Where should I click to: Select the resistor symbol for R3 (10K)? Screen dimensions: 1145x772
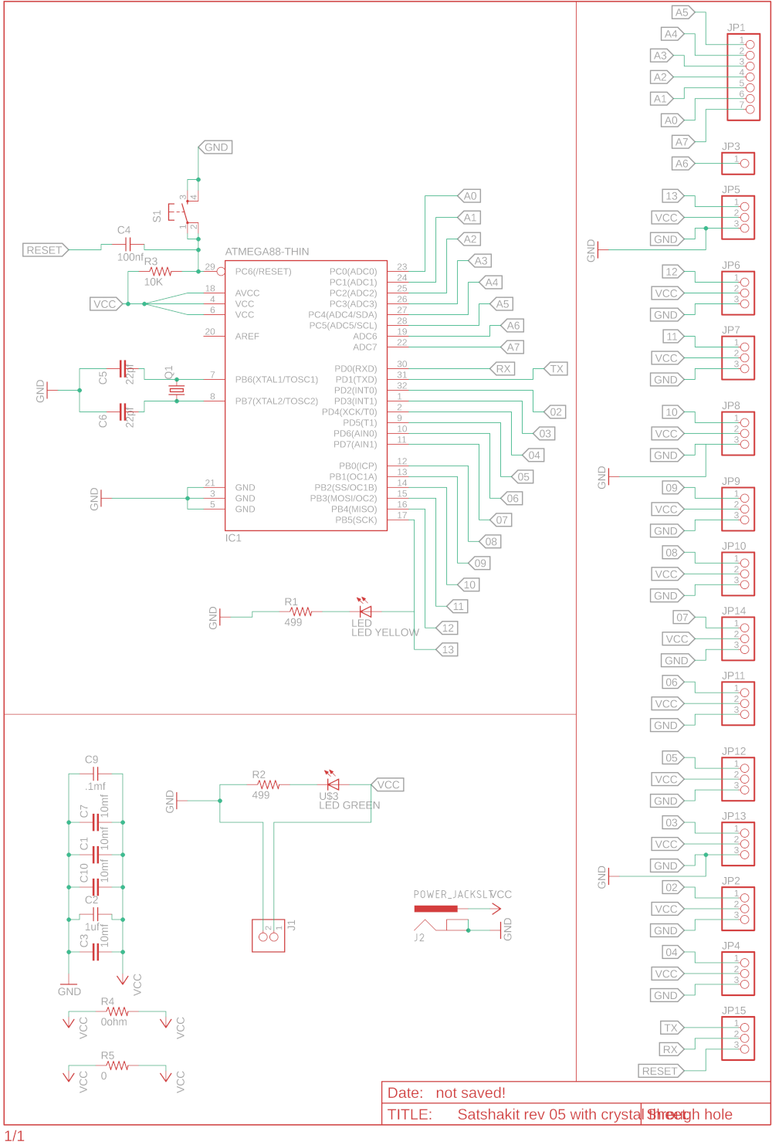[x=160, y=272]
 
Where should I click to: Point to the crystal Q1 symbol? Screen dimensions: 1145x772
[x=177, y=391]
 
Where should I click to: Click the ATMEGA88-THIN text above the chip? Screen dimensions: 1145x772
[x=267, y=252]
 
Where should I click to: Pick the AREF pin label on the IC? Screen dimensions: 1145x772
[x=247, y=337]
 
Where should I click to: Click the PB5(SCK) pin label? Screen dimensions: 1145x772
[x=356, y=520]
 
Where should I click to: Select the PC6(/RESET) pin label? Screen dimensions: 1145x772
[x=263, y=272]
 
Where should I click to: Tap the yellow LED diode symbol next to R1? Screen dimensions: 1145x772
[x=366, y=611]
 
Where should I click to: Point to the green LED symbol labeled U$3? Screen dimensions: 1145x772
[x=334, y=784]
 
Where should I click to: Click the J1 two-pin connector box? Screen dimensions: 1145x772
[x=268, y=935]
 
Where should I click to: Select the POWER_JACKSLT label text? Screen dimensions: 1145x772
[x=452, y=895]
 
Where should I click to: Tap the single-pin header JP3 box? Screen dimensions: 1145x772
[x=738, y=164]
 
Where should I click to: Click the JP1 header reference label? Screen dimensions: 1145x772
[x=736, y=28]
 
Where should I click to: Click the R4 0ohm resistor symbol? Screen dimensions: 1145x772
[x=117, y=1011]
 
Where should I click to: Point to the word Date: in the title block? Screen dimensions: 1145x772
[x=405, y=1093]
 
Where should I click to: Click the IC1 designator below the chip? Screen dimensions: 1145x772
[x=233, y=538]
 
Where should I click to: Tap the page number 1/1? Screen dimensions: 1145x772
[x=15, y=1136]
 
